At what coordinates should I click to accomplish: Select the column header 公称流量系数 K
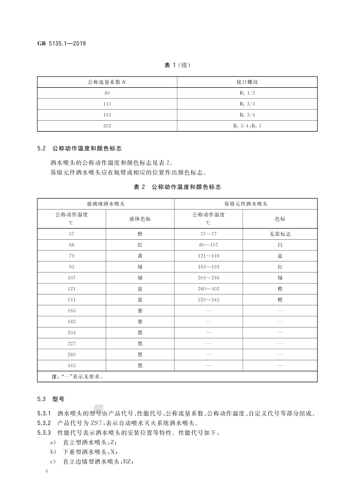point(107,82)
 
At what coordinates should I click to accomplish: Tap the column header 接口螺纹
point(247,82)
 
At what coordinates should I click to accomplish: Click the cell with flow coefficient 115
point(107,104)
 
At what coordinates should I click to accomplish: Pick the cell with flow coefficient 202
point(107,126)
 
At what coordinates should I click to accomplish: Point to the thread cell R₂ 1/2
point(247,93)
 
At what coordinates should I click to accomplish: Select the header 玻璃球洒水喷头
point(106,204)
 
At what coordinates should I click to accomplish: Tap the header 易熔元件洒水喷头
point(245,204)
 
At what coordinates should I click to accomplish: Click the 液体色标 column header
point(140,219)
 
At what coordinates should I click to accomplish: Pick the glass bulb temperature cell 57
point(72,234)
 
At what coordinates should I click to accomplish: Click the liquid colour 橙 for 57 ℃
point(140,234)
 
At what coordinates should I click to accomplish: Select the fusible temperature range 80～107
point(208,245)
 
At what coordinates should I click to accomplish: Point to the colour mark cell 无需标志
point(280,234)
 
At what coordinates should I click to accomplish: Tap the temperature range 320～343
point(208,300)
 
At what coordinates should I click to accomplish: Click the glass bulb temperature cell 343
point(72,365)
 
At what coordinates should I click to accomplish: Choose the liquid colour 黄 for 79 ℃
point(140,256)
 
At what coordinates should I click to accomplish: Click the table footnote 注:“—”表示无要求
point(77,377)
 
